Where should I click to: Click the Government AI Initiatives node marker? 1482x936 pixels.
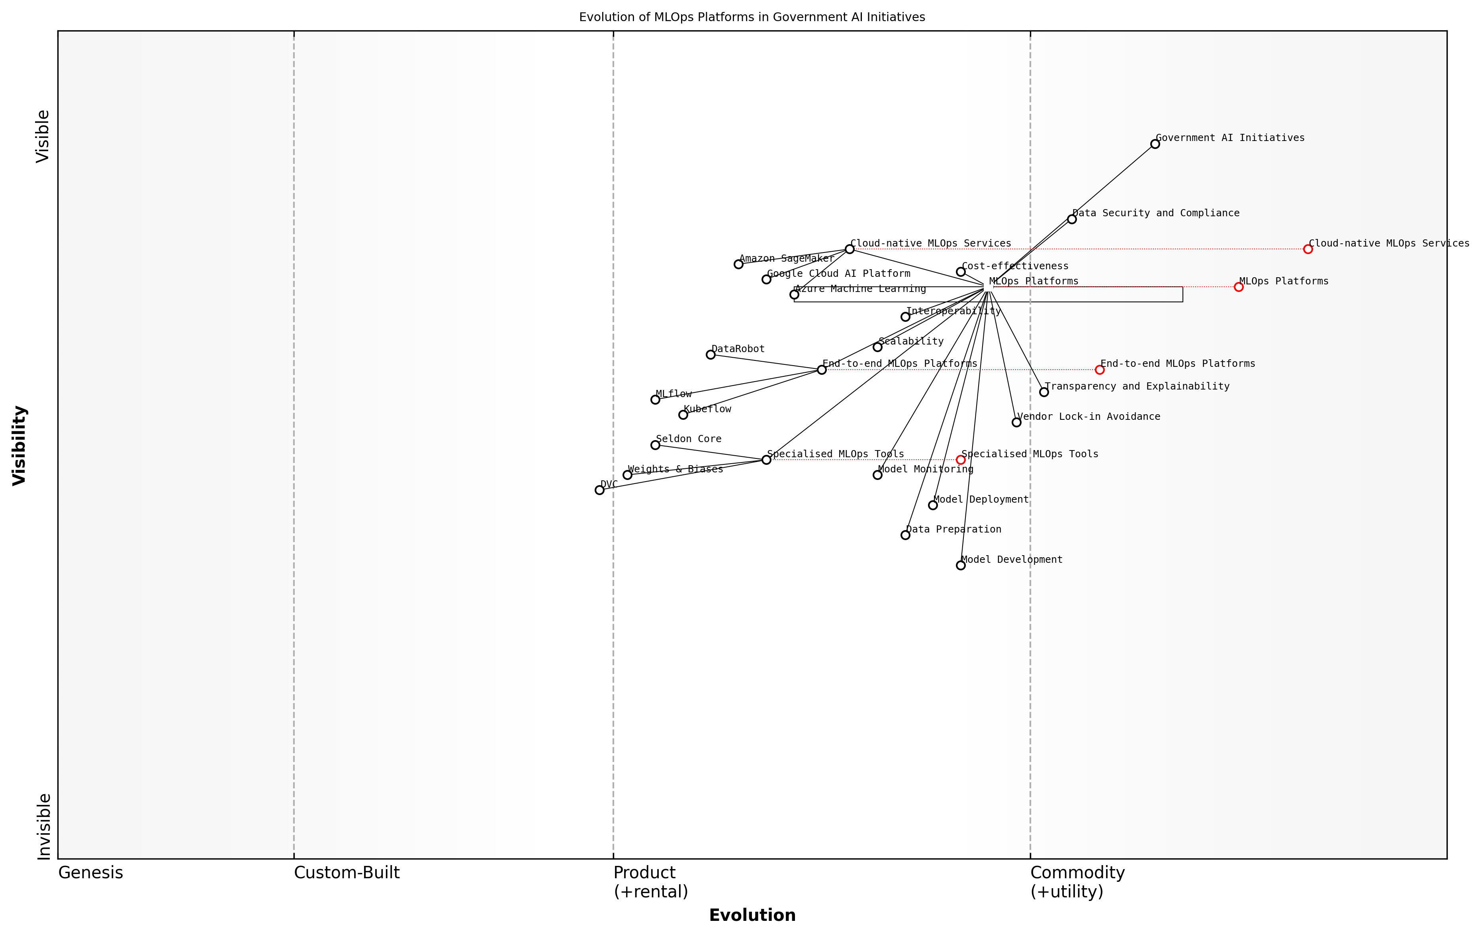pos(1155,144)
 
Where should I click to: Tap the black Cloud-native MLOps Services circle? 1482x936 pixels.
pos(849,249)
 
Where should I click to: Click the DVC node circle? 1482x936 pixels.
pos(599,490)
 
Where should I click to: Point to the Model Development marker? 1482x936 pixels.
pos(961,566)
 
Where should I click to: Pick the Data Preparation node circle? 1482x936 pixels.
pos(905,535)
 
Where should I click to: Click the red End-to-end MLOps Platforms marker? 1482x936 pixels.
pos(1100,370)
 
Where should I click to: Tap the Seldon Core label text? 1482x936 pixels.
pos(688,439)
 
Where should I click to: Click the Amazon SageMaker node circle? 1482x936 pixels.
pos(738,264)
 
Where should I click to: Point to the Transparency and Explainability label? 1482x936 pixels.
pos(1137,386)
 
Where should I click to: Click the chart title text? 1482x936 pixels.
pos(752,17)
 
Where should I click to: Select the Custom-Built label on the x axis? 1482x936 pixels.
pos(347,873)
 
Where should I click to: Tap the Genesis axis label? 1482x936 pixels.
pos(90,873)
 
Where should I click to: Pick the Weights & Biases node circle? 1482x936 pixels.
pos(627,475)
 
